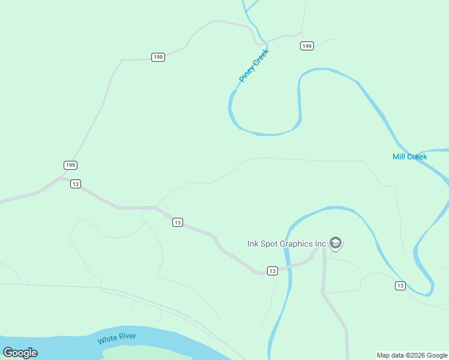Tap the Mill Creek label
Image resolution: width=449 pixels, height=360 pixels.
coord(409,157)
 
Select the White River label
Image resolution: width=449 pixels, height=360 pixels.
coord(116,338)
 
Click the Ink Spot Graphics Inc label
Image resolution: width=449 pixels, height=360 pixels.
coord(287,244)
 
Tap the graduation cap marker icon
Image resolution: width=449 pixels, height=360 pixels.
coord(336,243)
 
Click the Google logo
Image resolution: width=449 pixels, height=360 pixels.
coord(20,353)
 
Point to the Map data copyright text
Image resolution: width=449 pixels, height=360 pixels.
coord(412,355)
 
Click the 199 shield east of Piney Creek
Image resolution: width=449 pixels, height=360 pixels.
coord(307,46)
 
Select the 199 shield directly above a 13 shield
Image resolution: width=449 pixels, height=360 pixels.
coord(70,165)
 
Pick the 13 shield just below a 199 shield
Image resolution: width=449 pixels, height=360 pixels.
coord(75,184)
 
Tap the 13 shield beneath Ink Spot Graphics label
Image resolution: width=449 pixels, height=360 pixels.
coord(272,271)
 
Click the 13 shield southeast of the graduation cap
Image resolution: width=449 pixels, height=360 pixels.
coord(400,285)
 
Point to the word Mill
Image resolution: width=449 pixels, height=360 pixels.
coord(399,157)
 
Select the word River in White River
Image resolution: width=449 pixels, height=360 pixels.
coord(127,337)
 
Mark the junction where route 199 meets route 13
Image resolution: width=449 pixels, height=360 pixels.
coord(59,178)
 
